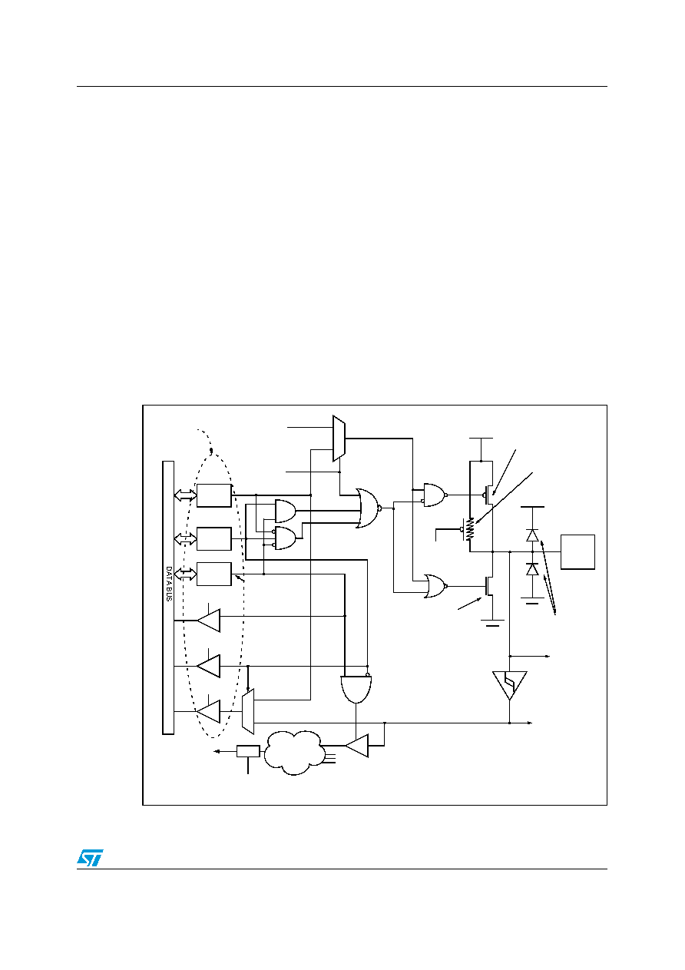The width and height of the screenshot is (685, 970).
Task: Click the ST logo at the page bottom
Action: (90, 857)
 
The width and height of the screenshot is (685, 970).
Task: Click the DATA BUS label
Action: (169, 583)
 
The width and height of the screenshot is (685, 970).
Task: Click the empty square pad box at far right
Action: (577, 552)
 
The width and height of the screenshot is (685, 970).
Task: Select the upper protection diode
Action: (532, 535)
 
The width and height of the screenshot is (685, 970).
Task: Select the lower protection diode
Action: (532, 569)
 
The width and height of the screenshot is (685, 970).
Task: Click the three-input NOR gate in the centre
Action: (368, 508)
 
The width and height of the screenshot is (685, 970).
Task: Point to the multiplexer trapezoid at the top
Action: (339, 439)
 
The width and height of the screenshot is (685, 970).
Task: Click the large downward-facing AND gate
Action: (356, 690)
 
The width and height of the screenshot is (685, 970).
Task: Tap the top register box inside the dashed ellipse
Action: (214, 495)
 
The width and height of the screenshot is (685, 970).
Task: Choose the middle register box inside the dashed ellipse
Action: (214, 538)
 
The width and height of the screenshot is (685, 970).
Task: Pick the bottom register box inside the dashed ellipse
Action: (214, 574)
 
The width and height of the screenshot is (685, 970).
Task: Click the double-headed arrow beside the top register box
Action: (185, 495)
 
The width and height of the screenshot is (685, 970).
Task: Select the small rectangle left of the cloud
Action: (248, 751)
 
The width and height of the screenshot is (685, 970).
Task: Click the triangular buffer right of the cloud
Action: (357, 746)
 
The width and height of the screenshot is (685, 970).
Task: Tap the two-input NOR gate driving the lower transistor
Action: (436, 586)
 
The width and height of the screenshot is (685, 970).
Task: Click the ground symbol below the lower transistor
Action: (492, 623)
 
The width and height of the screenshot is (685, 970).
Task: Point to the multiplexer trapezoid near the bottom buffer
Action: (248, 711)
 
